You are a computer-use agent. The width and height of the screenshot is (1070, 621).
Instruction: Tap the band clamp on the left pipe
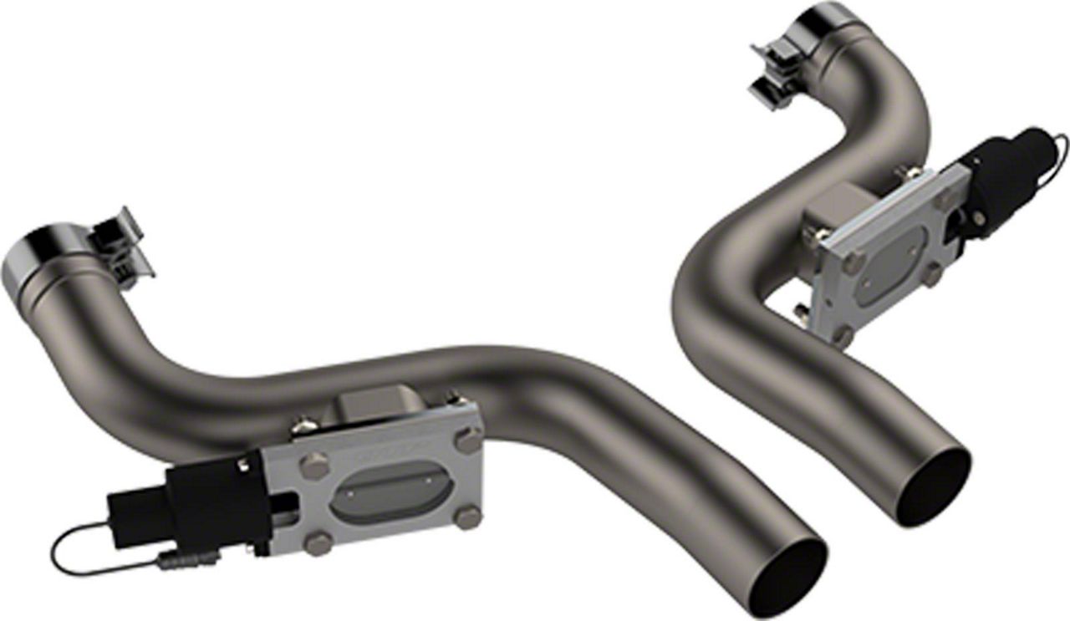point(123,246)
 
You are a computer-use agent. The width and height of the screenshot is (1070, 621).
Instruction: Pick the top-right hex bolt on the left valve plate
point(468,440)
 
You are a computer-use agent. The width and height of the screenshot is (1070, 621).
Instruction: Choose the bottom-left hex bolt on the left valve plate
point(316,544)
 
